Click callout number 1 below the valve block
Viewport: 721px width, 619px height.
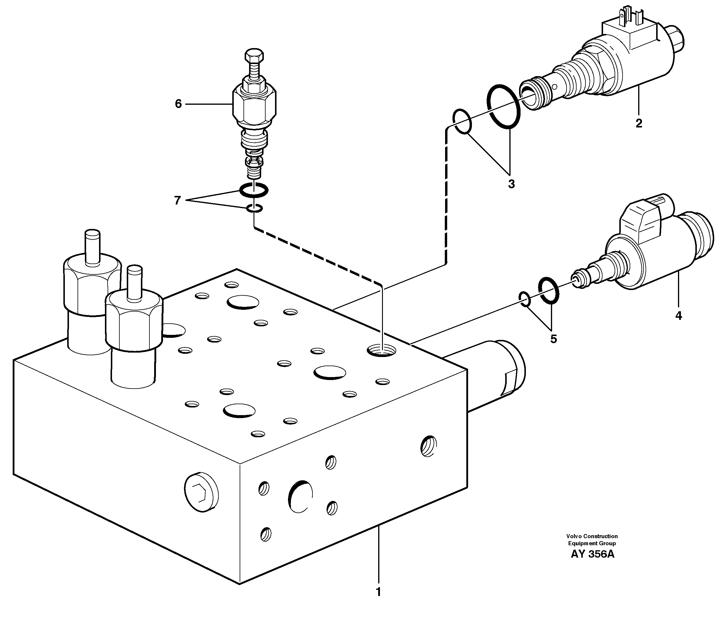click(378, 592)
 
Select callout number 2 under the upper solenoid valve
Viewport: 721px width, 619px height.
click(639, 123)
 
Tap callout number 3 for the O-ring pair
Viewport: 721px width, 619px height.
click(511, 184)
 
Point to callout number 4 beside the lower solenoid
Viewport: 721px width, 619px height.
click(679, 316)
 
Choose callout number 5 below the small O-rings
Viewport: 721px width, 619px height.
click(554, 339)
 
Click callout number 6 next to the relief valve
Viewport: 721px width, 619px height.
click(178, 104)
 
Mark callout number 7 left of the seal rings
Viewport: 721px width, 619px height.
click(177, 200)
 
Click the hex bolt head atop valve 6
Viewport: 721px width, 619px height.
click(254, 56)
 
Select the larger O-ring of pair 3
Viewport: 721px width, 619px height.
click(503, 106)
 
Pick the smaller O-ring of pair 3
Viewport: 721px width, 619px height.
click(462, 121)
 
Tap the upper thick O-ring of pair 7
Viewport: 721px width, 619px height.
click(254, 189)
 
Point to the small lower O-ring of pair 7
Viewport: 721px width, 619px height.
click(254, 208)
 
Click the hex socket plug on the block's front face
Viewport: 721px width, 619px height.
click(201, 492)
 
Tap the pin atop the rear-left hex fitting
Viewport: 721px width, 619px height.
click(93, 247)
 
